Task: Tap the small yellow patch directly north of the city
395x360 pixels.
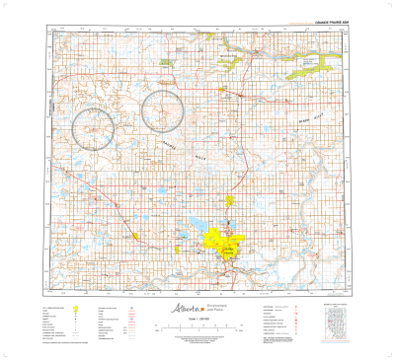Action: click(229, 204)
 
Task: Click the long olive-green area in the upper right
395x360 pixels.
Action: click(306, 67)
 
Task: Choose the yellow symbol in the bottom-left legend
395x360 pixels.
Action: click(76, 308)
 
